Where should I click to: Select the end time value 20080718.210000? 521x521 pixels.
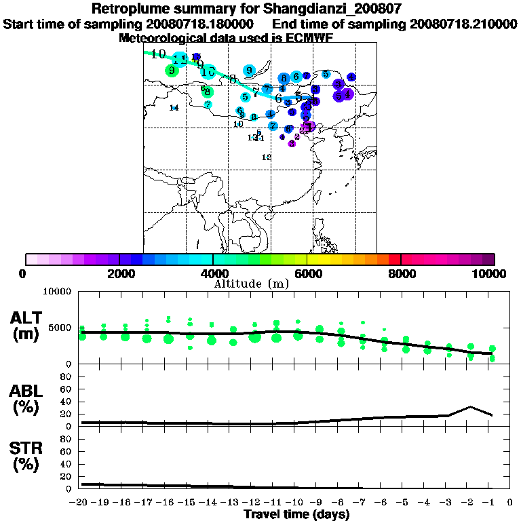464,24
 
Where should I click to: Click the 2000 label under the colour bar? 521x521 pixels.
119,273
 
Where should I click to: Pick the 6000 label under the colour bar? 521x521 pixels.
307,273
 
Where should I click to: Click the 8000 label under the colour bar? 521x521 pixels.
400,273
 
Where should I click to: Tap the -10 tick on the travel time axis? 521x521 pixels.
297,501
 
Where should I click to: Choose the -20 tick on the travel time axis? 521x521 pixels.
81,501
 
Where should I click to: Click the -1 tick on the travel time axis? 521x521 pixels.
492,501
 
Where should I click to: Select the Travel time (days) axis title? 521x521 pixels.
296,514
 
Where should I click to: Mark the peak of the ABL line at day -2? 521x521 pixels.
470,407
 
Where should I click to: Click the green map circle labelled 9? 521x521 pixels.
172,70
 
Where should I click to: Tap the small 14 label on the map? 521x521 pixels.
174,108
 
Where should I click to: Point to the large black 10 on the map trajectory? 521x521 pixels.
159,54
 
